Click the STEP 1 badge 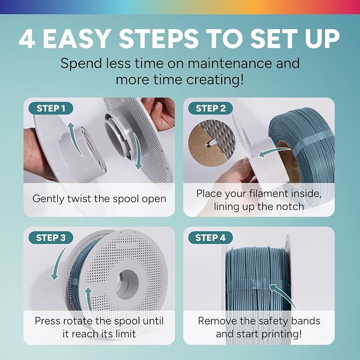[x=51, y=108]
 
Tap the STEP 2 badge [x=210, y=108]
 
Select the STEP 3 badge [x=51, y=238]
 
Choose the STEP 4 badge [x=210, y=238]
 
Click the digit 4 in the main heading [x=28, y=39]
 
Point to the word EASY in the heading [x=76, y=39]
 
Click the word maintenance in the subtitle [x=230, y=63]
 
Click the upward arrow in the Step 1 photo [x=75, y=138]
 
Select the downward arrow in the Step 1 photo [x=139, y=152]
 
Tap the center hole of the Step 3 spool [x=127, y=284]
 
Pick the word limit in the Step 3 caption [x=126, y=333]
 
